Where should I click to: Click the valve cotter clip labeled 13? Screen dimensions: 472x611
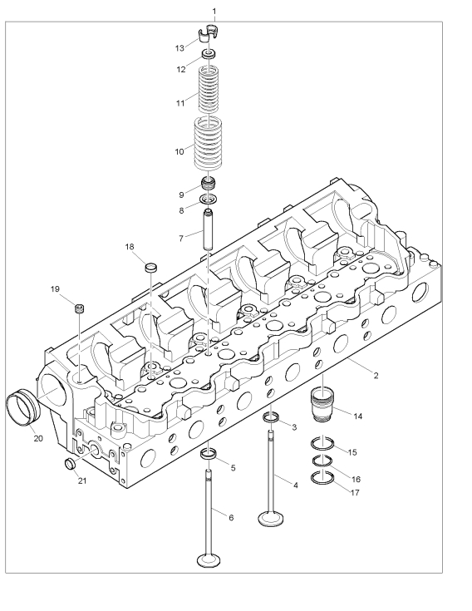click(208, 33)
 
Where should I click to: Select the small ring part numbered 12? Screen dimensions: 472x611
click(209, 54)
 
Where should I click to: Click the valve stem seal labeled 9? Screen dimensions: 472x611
click(209, 184)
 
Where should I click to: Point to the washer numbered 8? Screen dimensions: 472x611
click(208, 200)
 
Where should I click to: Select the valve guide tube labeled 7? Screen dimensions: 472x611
click(209, 229)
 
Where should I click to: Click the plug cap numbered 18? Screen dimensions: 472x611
click(151, 268)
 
